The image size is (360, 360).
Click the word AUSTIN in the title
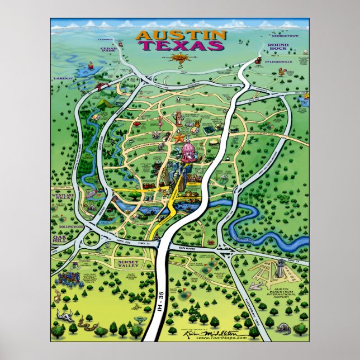pyautogui.click(x=181, y=35)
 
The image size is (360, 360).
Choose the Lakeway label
pyautogui.click(x=64, y=78)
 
